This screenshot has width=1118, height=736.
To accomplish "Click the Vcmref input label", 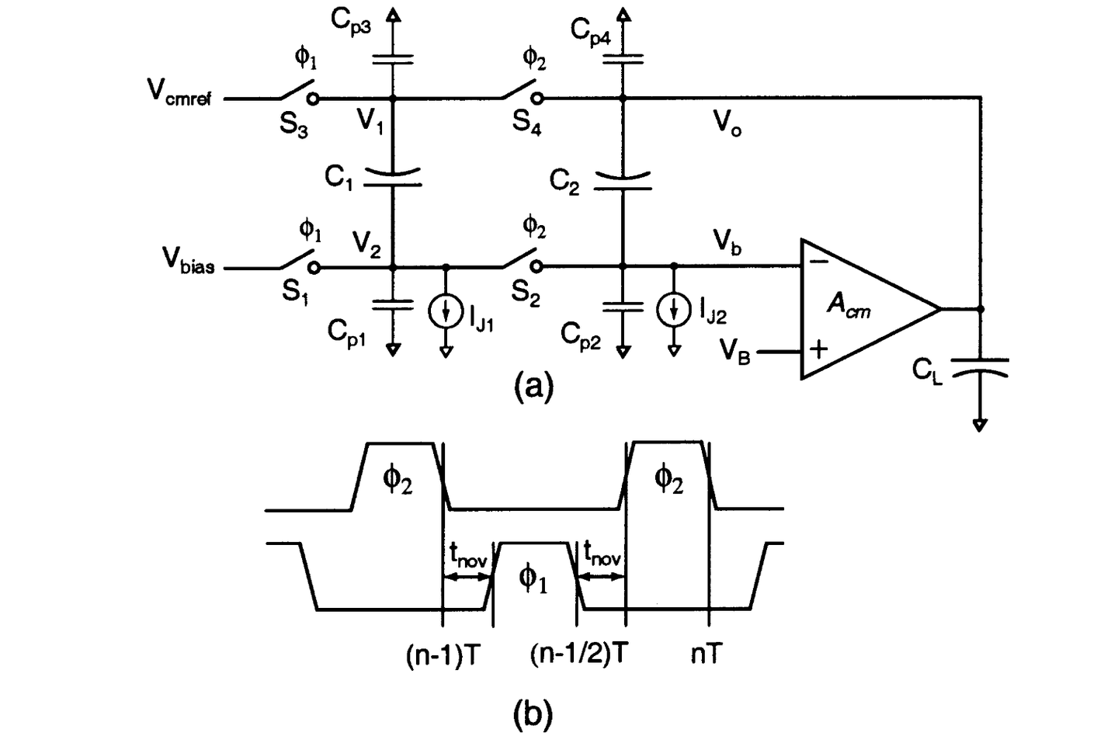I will [x=179, y=93].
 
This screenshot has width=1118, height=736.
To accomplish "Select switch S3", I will [x=297, y=91].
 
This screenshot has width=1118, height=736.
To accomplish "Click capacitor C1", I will [x=393, y=178].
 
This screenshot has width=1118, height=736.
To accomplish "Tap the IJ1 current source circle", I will [x=446, y=312].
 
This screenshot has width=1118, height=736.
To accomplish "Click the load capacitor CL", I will [x=980, y=366].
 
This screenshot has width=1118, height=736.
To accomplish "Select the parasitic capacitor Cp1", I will [x=393, y=304].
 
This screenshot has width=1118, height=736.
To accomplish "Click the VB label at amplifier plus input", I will [x=734, y=351].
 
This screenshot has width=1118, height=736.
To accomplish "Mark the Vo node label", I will [x=727, y=122].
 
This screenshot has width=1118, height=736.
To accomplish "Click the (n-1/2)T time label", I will [x=578, y=654].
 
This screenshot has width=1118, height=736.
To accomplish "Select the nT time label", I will [x=707, y=654].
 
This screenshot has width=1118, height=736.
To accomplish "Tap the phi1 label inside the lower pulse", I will [x=533, y=578].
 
